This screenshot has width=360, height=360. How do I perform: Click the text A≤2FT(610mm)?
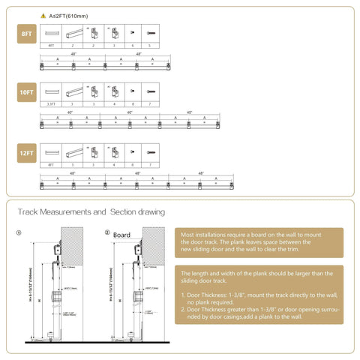tap(69, 15)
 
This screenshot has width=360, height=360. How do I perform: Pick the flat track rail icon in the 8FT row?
tap(51, 34)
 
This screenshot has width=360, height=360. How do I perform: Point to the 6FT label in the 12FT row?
tap(51, 163)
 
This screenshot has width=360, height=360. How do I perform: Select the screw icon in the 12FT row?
tap(152, 153)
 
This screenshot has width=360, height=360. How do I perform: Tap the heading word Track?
tap(29, 212)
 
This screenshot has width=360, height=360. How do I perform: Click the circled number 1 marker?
tap(19, 232)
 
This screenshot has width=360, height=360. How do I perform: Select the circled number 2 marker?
tap(107, 232)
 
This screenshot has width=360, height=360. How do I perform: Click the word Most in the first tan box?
tap(188, 234)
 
